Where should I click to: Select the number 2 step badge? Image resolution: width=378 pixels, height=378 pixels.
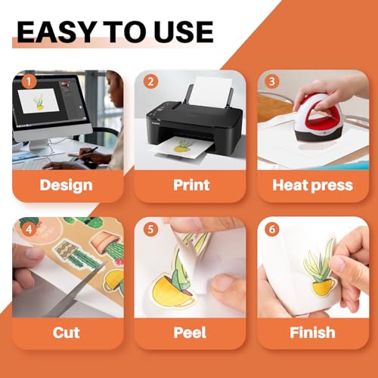pos(152,82)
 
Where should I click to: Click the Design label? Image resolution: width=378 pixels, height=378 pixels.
pos(67,184)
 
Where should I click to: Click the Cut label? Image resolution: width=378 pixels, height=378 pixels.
pos(67,332)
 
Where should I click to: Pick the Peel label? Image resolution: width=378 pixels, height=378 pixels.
pos(190,332)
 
